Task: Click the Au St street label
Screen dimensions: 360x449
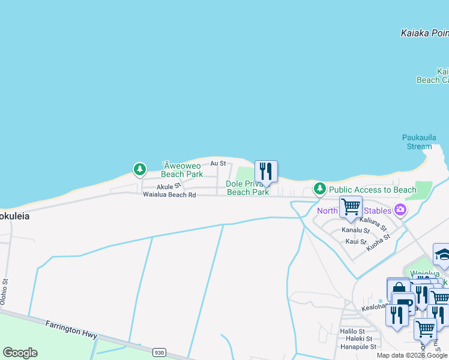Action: (x=218, y=163)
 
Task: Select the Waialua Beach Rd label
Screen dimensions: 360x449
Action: (x=169, y=194)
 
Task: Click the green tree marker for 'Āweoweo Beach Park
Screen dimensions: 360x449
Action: (x=140, y=169)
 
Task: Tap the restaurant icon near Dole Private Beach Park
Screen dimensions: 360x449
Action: (x=266, y=172)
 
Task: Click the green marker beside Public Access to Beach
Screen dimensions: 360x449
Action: (x=320, y=189)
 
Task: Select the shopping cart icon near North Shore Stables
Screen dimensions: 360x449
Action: (x=351, y=207)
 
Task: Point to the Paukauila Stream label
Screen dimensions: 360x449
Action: (x=417, y=142)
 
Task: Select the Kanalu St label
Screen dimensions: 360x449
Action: (x=354, y=230)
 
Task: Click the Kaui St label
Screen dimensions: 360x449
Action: (x=355, y=241)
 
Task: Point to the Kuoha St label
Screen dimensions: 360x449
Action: (x=378, y=241)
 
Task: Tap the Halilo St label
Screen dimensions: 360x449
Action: (x=352, y=331)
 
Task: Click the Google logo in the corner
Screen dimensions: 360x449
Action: (x=20, y=353)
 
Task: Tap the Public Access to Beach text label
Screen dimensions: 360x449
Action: (x=372, y=190)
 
